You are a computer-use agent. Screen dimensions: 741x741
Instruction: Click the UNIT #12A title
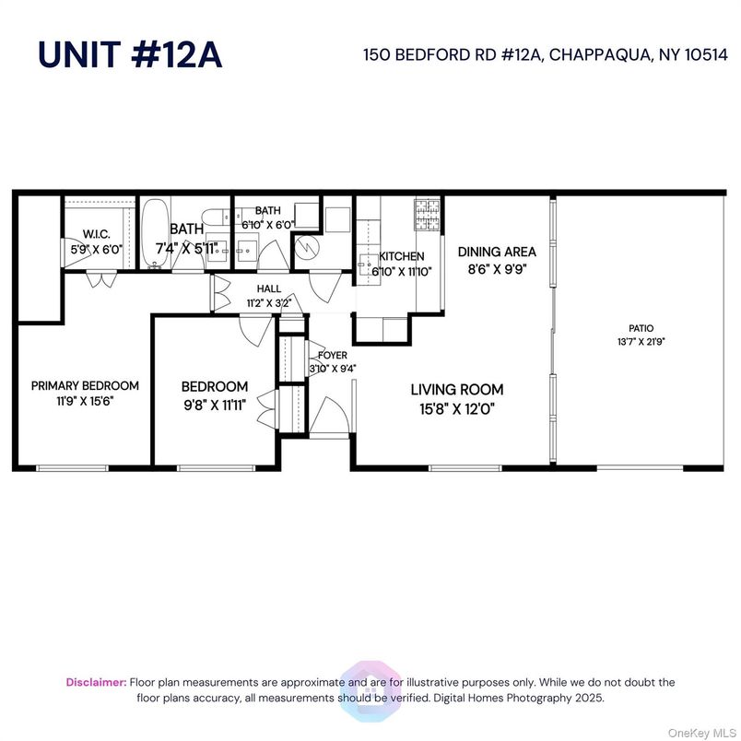(130, 54)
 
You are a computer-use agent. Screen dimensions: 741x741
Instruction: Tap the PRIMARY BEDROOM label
(85, 385)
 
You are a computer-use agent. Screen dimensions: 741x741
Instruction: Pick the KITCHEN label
(403, 256)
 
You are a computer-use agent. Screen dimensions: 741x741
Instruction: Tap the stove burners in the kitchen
(427, 214)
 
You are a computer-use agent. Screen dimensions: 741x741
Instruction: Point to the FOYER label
(333, 355)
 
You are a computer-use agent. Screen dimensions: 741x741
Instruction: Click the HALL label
(269, 288)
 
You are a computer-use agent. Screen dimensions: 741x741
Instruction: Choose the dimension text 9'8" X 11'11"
(214, 402)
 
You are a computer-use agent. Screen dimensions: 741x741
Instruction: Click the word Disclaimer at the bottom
(96, 682)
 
